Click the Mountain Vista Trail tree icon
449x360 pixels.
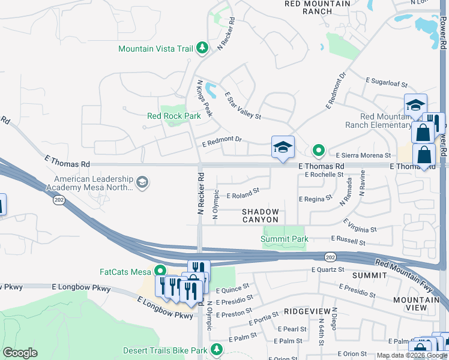202,48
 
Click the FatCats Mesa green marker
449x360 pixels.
160,272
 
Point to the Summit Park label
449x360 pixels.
285,239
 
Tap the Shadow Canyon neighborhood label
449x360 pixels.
261,216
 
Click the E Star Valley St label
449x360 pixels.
243,105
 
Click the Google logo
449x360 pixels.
20,352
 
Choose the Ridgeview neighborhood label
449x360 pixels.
307,311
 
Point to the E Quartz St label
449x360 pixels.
328,270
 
